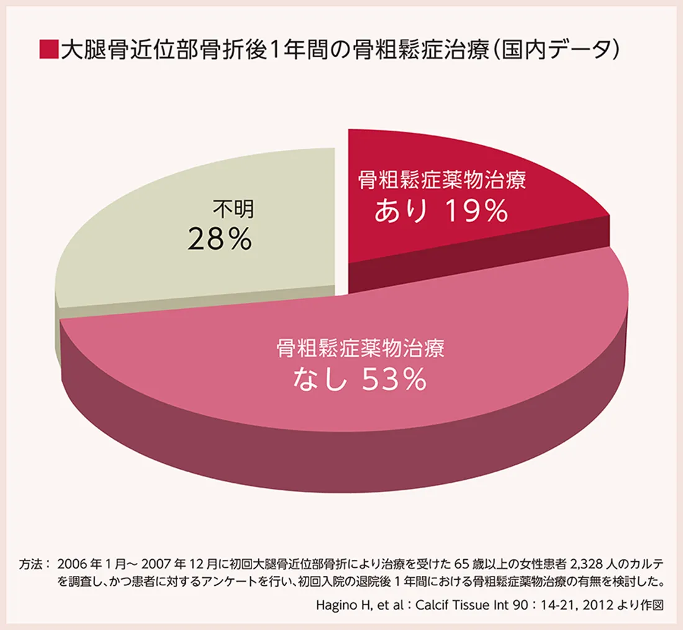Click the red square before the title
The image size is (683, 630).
coord(48,50)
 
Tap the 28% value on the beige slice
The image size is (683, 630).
coord(219,239)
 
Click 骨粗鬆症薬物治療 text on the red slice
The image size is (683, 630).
coord(441,181)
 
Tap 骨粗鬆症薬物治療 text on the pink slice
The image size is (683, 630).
coord(360,348)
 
